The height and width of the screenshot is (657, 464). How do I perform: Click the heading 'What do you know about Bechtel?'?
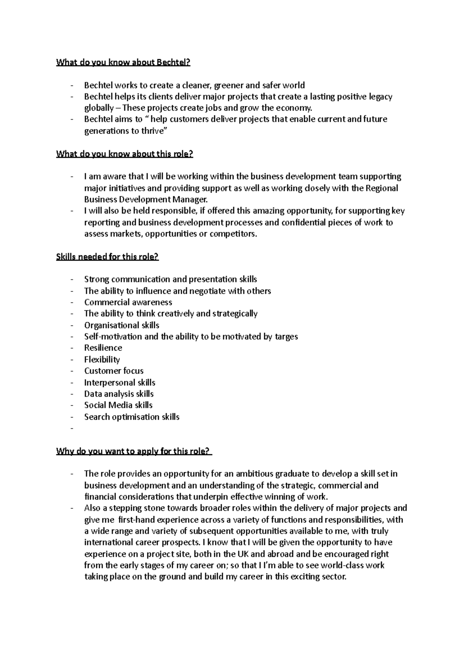[123, 62]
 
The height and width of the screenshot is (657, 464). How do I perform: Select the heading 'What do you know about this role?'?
[125, 154]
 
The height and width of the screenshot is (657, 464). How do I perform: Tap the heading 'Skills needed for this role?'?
[107, 257]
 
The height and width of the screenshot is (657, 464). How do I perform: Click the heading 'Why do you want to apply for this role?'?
[133, 451]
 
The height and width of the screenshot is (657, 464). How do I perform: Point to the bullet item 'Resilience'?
[103, 348]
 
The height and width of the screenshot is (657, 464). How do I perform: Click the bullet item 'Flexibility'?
[102, 359]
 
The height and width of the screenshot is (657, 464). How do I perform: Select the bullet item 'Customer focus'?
[114, 371]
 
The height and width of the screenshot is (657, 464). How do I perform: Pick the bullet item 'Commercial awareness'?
[128, 302]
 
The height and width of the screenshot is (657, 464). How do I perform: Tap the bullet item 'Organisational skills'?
[122, 325]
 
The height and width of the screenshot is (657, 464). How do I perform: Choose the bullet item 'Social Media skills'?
[118, 405]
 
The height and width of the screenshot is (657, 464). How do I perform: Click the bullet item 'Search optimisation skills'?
[132, 417]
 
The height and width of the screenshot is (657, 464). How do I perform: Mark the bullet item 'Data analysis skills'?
[119, 394]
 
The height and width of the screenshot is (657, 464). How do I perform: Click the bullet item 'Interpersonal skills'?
[120, 382]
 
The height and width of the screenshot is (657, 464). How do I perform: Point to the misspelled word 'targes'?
[286, 337]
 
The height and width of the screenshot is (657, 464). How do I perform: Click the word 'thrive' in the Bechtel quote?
[153, 131]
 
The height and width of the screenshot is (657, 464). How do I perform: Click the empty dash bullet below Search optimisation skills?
[72, 428]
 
